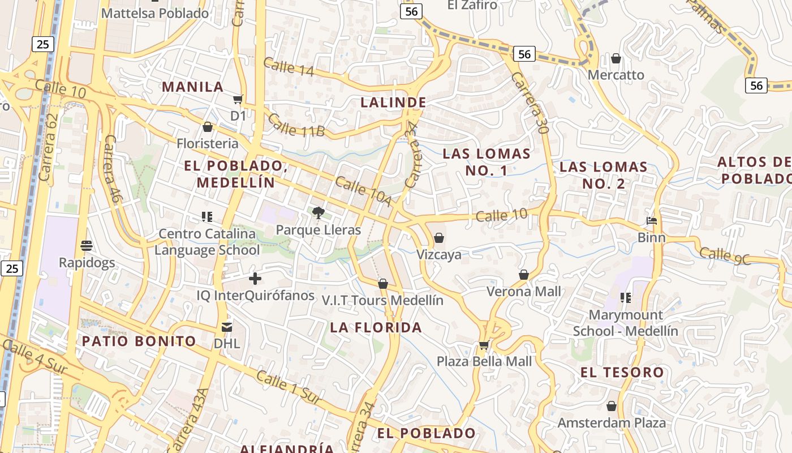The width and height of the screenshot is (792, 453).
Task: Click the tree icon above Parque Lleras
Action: click(x=318, y=213)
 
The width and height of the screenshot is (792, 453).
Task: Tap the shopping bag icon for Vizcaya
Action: click(x=439, y=238)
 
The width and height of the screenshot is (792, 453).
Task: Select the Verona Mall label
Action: click(x=524, y=292)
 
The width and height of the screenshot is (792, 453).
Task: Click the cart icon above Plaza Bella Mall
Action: click(x=484, y=345)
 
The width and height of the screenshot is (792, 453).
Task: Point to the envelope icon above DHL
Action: click(x=227, y=327)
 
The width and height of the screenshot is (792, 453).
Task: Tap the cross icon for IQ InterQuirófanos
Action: click(x=255, y=279)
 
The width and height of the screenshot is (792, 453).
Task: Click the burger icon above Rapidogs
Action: click(x=87, y=246)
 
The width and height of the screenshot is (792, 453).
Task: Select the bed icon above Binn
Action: click(x=652, y=220)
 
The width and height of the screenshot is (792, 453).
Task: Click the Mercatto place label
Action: click(x=616, y=75)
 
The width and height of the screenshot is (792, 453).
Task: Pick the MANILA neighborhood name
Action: click(x=193, y=87)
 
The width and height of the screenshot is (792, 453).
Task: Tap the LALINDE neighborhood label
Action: click(x=393, y=102)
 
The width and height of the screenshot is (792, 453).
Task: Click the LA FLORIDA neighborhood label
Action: click(x=376, y=327)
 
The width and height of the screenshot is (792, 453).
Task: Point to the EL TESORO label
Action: click(x=622, y=372)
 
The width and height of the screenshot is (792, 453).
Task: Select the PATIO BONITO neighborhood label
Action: click(x=139, y=341)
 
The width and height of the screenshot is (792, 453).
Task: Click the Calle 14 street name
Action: click(x=289, y=66)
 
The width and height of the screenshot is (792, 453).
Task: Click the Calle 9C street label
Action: click(x=725, y=256)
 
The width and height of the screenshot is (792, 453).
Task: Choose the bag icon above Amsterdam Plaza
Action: click(x=611, y=406)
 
